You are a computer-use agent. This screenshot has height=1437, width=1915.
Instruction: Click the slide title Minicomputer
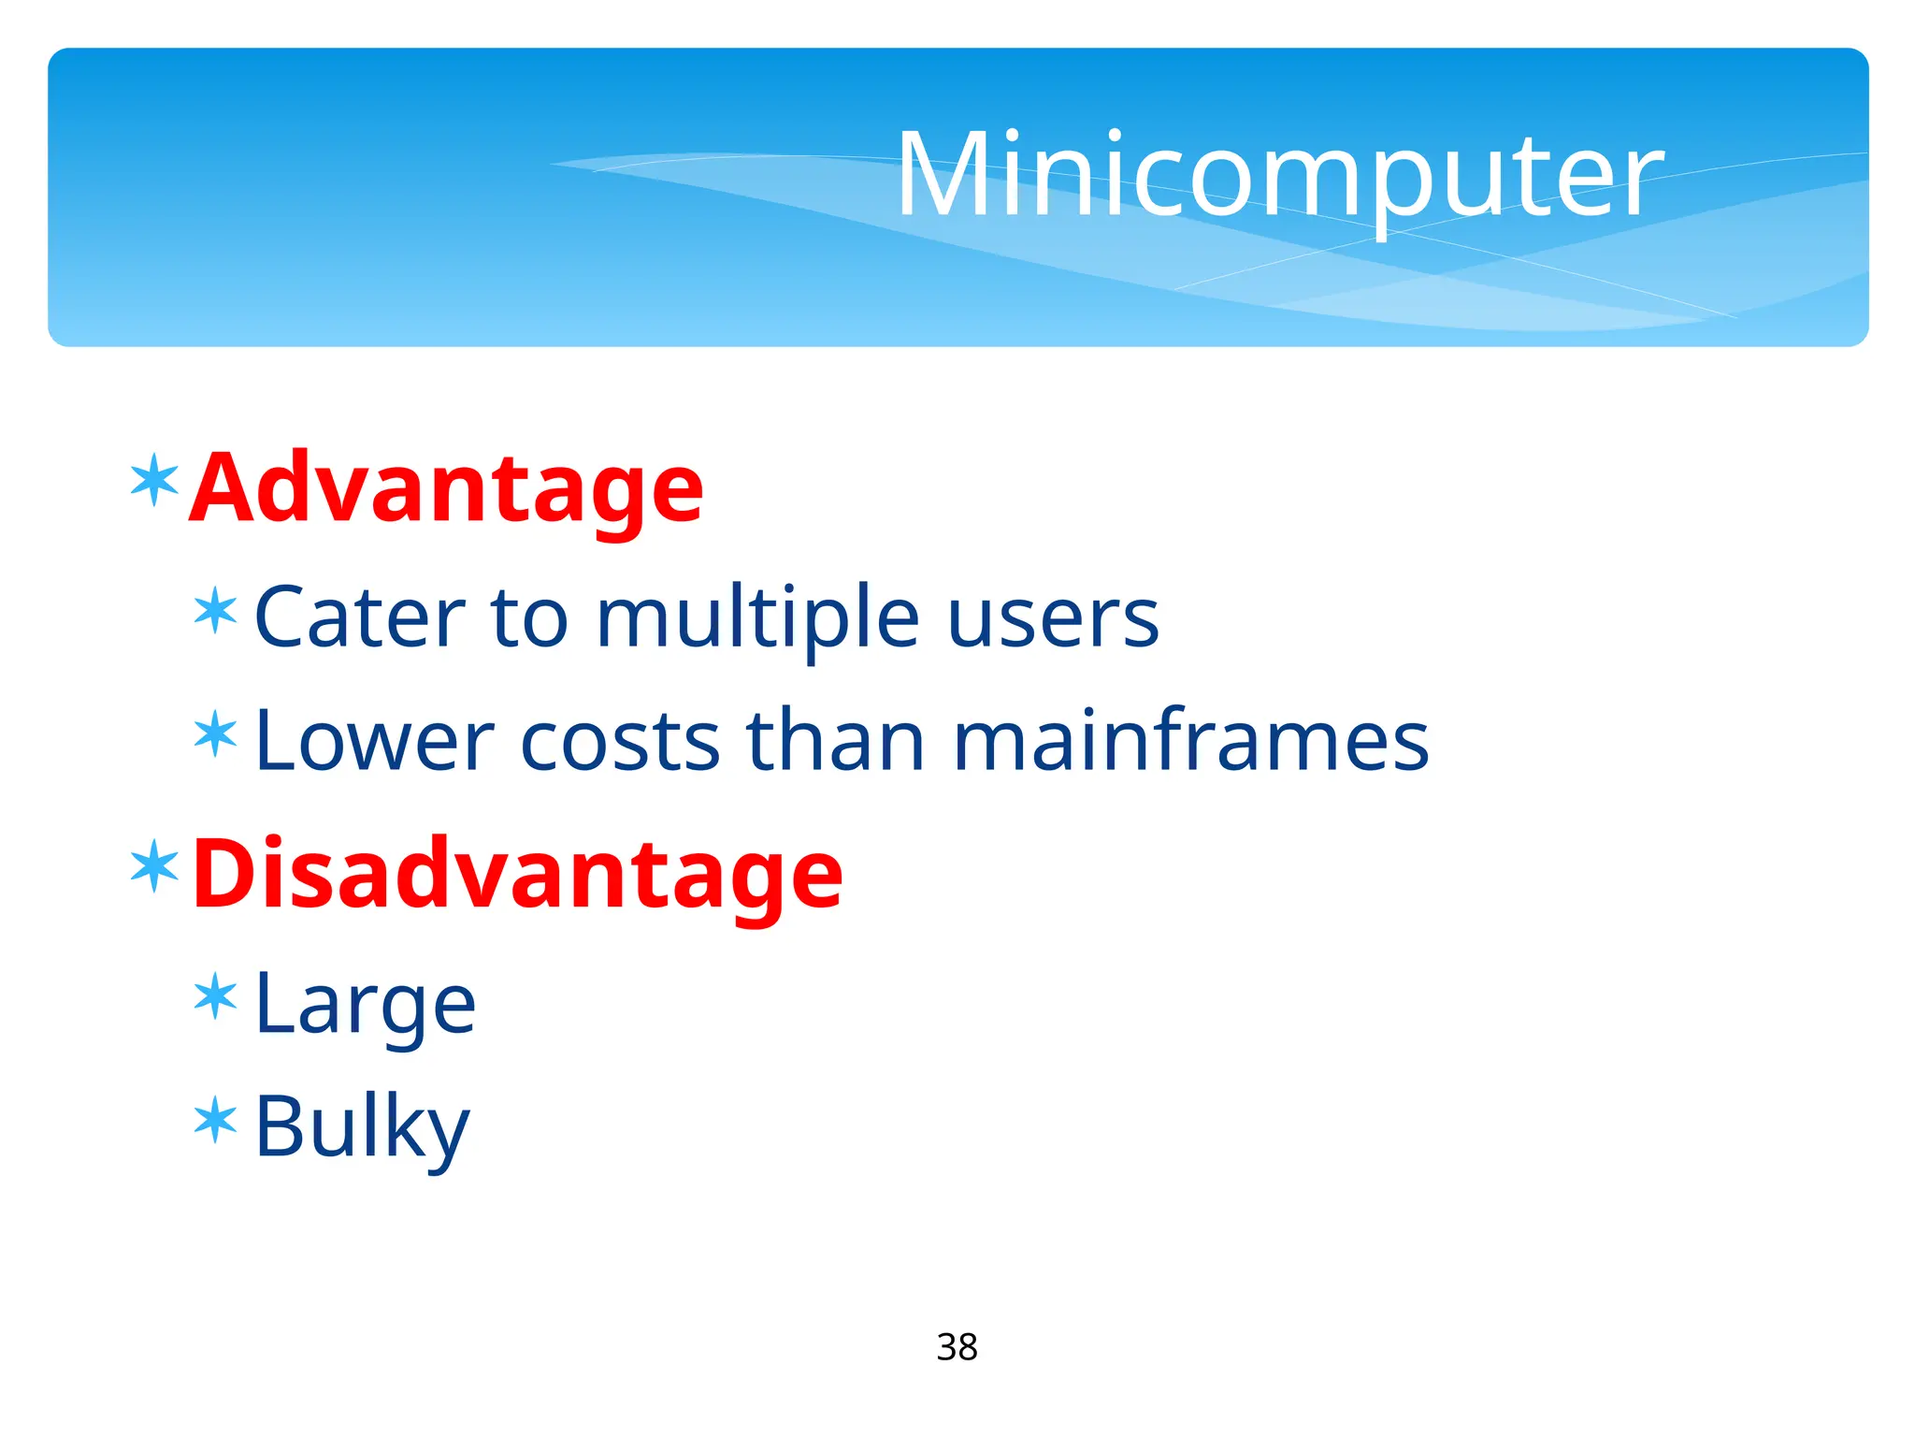pos(1279,176)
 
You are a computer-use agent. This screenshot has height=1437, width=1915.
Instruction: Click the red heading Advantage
pos(447,488)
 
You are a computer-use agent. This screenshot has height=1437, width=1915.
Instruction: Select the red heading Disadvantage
pos(517,874)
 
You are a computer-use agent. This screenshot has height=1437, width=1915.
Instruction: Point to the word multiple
pos(757,619)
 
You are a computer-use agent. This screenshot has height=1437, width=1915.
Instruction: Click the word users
pos(1053,619)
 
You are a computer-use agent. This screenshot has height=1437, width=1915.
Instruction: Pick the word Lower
pos(374,741)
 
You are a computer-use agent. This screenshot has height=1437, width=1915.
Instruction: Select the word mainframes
pos(1190,741)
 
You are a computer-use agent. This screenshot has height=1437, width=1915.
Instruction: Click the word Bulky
pos(362,1128)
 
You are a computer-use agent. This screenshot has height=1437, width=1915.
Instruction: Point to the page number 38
pos(957,1347)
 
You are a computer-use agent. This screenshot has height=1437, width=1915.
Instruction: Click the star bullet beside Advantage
pos(154,480)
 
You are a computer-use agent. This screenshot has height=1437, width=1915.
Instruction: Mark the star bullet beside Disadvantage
pos(154,866)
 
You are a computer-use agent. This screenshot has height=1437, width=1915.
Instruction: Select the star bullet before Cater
pos(216,611)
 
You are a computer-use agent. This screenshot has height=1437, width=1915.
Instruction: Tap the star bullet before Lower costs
pos(216,734)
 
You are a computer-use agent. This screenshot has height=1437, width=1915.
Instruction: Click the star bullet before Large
pos(216,997)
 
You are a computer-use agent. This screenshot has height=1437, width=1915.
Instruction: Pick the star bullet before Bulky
pos(216,1120)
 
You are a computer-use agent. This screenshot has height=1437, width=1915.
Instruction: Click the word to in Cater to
pos(529,619)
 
